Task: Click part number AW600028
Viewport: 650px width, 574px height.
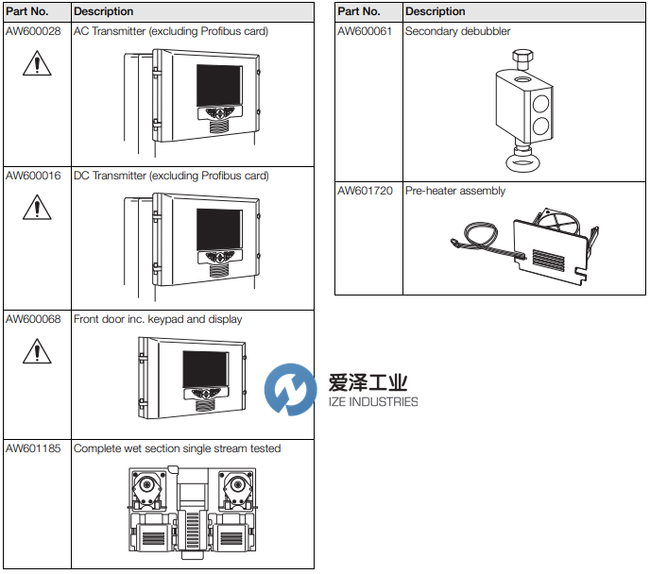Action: (x=33, y=31)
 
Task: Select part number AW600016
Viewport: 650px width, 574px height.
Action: (x=33, y=176)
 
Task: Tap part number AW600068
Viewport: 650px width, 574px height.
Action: (x=33, y=319)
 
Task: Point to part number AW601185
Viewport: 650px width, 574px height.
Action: (x=33, y=448)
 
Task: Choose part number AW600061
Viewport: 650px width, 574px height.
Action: (x=365, y=31)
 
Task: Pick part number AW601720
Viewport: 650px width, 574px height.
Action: (x=365, y=191)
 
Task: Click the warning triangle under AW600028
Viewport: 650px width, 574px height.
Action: (x=36, y=64)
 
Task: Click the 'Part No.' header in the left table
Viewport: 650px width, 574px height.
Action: (x=26, y=11)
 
